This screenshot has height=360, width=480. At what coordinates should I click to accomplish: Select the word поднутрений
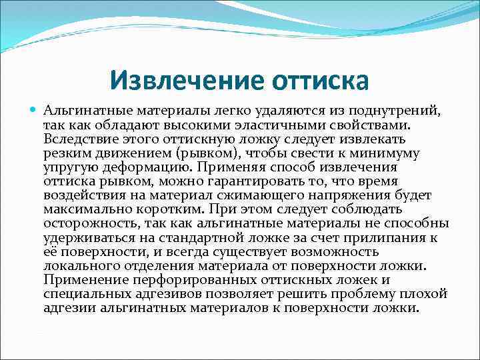pyautogui.click(x=397, y=111)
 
